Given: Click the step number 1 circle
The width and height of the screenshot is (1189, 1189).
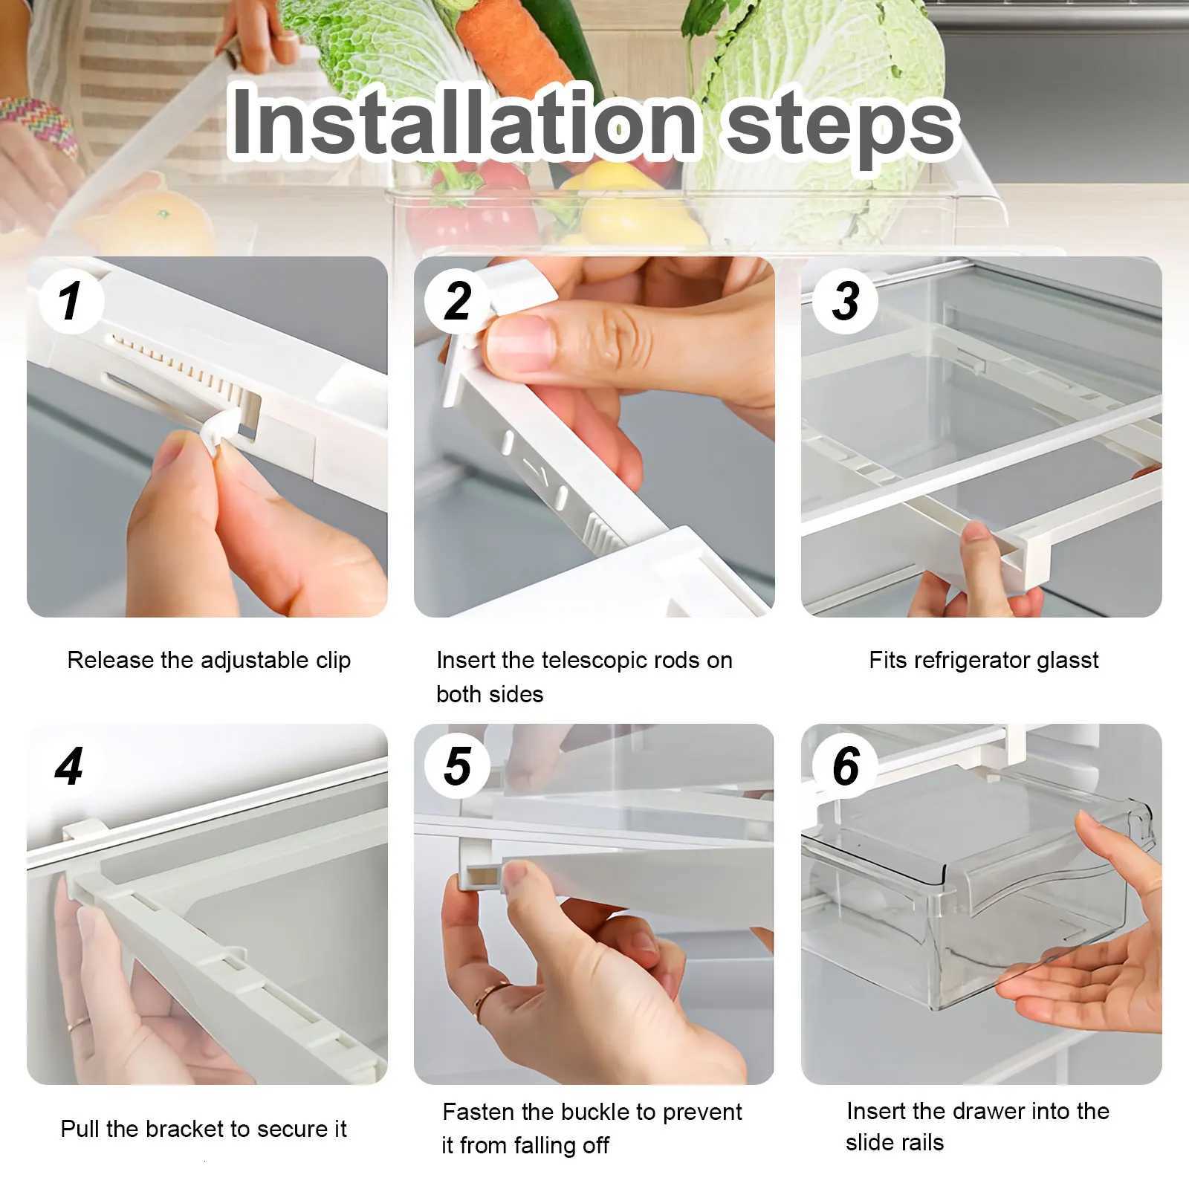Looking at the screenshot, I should tap(70, 302).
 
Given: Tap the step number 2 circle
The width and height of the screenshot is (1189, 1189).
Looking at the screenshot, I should tap(457, 302).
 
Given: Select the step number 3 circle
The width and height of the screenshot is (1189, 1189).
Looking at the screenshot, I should tap(845, 302).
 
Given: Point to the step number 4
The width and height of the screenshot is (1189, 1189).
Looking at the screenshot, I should tap(69, 767).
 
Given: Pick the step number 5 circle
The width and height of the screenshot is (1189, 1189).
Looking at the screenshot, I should tap(457, 767).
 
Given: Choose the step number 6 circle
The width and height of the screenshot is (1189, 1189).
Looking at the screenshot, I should tap(845, 767).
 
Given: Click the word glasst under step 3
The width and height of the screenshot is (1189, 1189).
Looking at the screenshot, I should tap(1067, 660).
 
